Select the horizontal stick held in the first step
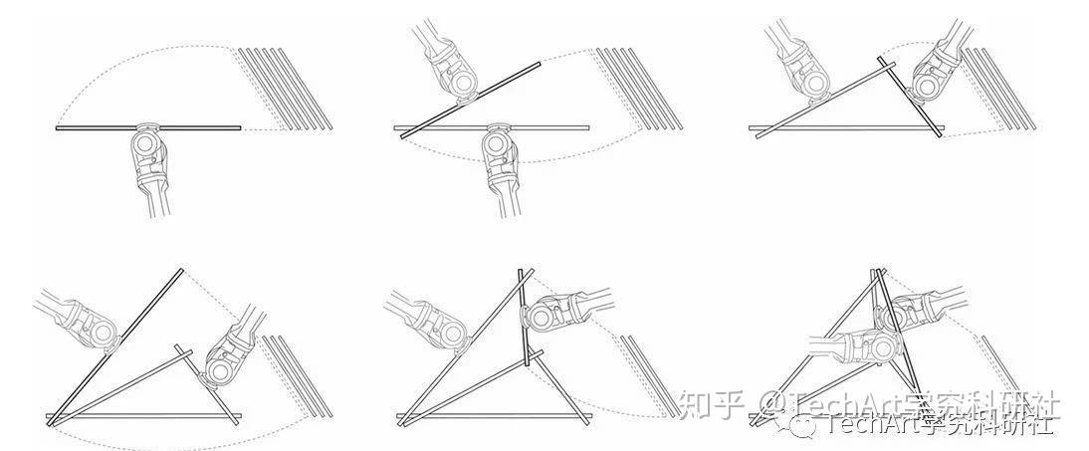[x=90, y=128]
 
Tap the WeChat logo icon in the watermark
[x=804, y=425]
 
